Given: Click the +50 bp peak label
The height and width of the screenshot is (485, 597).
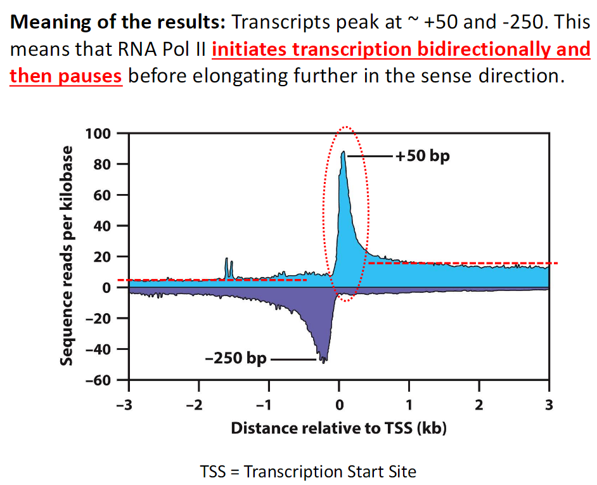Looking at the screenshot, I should click(423, 155).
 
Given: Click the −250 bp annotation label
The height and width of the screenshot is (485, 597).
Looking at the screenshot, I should click(236, 359).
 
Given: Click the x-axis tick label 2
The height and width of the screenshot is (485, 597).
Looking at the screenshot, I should click(479, 405).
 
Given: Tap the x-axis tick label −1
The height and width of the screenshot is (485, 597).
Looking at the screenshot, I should click(268, 405).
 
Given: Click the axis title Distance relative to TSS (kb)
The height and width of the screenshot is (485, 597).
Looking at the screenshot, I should click(338, 428).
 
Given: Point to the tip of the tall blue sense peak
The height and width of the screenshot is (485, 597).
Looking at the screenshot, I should click(343, 152).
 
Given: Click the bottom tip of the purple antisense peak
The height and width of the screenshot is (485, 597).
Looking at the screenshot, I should click(324, 361).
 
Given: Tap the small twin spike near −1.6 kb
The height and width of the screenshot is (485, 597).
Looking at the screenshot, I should click(228, 268).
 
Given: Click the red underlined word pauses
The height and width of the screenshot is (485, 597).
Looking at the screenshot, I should click(90, 77).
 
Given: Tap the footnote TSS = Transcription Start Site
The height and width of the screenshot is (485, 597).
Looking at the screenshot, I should click(308, 472).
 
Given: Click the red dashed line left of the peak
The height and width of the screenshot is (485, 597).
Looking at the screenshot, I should click(215, 280).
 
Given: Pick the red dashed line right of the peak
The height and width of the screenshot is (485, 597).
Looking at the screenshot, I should click(463, 263).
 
